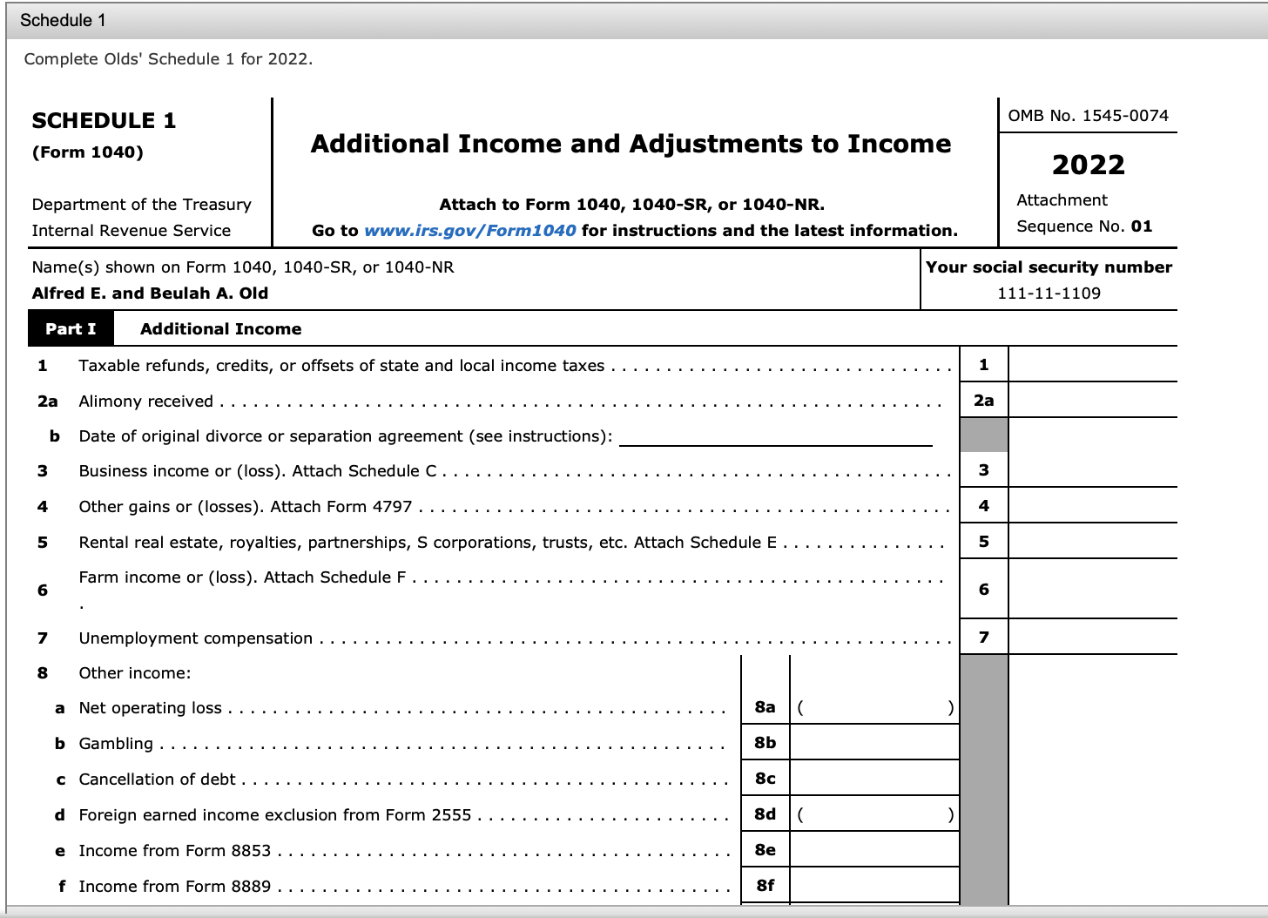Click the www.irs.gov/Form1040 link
469,231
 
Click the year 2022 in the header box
1088,165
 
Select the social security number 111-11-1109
1049,294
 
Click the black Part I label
71,329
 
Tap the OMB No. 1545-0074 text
1088,116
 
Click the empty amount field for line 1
1092,365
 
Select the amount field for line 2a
1092,401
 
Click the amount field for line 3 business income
1092,470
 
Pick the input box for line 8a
874,707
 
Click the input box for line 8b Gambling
874,743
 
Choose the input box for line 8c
874,779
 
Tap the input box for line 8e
874,850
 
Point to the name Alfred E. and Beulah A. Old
150,294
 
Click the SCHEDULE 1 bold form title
104,121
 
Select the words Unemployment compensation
195,638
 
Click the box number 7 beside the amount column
983,638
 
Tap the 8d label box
765,814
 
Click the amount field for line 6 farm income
1092,590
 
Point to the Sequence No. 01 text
1084,226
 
